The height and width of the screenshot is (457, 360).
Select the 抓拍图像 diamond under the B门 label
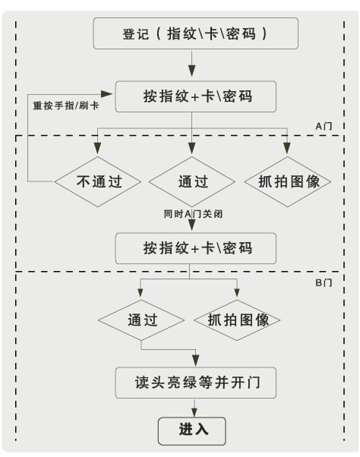[x=238, y=320]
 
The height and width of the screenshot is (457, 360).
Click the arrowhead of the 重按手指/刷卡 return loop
[x=109, y=93]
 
